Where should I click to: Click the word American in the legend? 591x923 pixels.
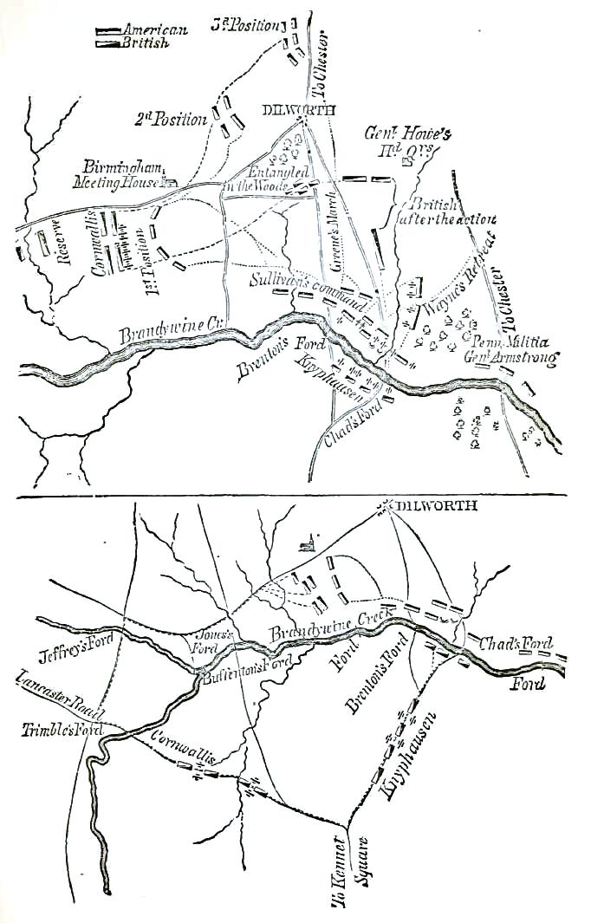[157, 30]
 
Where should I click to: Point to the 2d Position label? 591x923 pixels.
[171, 119]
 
